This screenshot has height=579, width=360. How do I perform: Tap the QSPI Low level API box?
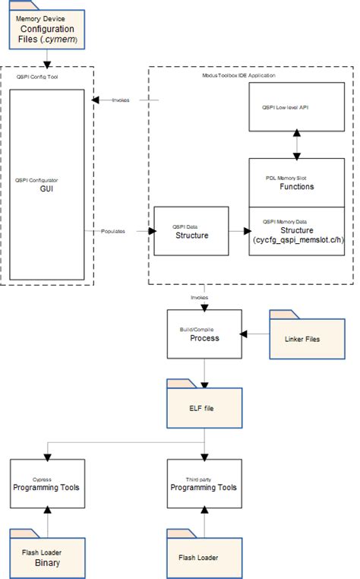click(297, 107)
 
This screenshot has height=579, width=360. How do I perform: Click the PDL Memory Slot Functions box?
click(297, 182)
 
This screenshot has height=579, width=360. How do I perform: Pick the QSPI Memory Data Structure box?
click(297, 231)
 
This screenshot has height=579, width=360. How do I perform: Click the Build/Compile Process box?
click(204, 334)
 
